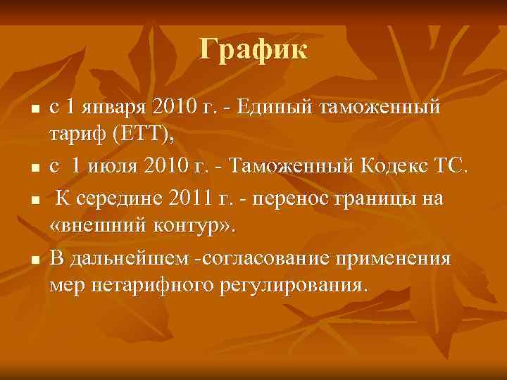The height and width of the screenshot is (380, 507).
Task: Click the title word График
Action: (253, 50)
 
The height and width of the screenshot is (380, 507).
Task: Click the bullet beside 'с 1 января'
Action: (33, 110)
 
